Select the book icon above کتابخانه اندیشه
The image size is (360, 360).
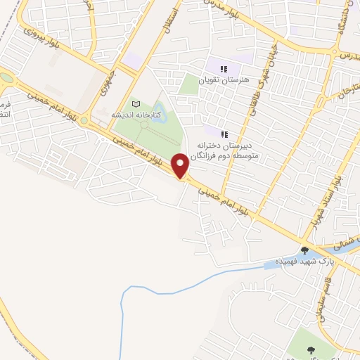136,104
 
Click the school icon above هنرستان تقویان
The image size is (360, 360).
224,69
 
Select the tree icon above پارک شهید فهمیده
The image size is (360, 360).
304,250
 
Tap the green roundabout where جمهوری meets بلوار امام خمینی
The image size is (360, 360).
85,121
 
